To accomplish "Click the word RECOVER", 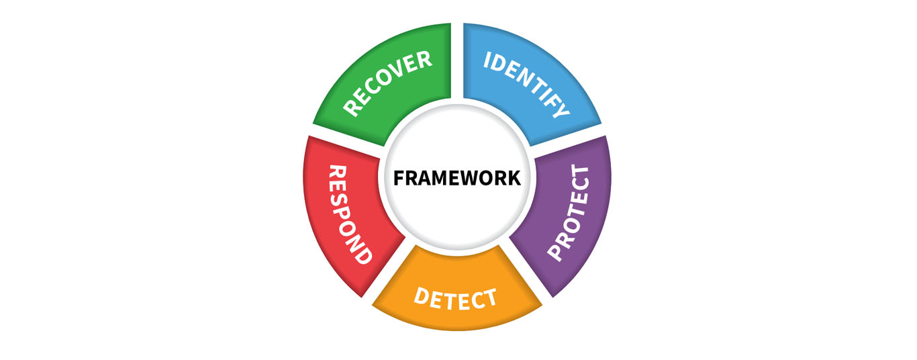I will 387,83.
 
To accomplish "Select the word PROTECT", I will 569,213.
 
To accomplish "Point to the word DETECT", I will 456,298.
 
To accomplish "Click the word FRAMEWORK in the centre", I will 456,178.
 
